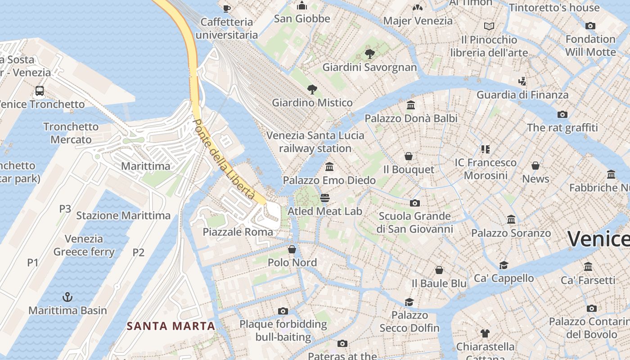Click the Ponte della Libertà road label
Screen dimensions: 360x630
[224, 160]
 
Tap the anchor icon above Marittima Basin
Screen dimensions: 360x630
[67, 297]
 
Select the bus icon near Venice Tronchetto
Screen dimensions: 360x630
[40, 91]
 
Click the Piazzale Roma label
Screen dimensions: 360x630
[238, 232]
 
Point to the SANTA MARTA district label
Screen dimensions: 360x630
[171, 326]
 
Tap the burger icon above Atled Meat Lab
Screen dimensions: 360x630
[324, 198]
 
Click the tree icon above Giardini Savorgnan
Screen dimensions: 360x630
[370, 54]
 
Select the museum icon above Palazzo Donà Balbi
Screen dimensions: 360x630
[410, 105]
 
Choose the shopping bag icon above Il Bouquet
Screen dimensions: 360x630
[409, 156]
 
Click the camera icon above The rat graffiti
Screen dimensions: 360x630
[562, 114]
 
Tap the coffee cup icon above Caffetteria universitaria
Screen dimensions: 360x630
[227, 9]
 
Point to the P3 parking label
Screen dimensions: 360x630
[65, 209]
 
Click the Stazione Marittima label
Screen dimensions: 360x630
[123, 216]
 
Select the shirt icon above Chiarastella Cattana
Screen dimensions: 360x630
[485, 333]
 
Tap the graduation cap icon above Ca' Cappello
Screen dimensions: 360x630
[504, 265]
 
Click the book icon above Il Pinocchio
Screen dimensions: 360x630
[489, 27]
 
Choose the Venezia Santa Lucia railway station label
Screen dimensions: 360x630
[315, 142]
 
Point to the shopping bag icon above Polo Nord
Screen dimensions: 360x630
[292, 249]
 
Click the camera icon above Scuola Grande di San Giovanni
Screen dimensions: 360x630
[414, 203]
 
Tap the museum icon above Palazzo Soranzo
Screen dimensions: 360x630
[511, 220]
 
